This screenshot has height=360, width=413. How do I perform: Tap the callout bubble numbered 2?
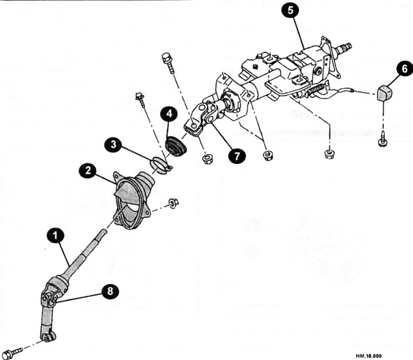(88, 170)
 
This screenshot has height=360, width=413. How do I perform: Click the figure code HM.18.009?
(393, 353)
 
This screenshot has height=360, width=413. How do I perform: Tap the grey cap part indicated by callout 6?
(384, 91)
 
